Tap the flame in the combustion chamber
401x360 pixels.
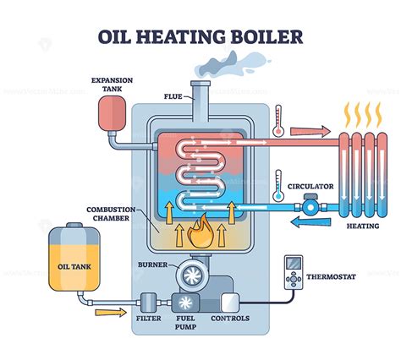tap(201, 230)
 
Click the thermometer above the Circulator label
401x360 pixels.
tap(276, 186)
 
